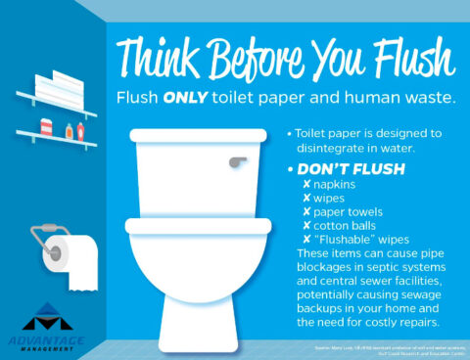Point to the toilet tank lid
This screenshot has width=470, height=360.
click(x=200, y=136)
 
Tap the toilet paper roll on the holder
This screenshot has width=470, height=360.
click(x=76, y=256)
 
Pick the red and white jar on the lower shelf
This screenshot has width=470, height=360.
click(x=46, y=129)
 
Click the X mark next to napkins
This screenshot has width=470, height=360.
click(x=305, y=184)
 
